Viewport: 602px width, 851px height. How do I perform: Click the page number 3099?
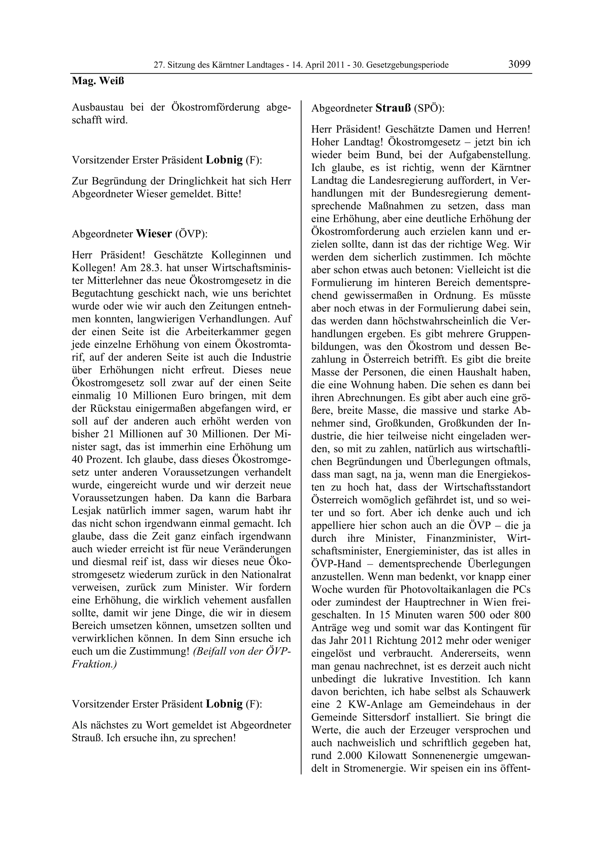[x=519, y=64]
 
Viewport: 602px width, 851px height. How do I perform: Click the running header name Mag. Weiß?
[x=98, y=81]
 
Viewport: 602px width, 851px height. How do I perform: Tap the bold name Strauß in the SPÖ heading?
[x=393, y=108]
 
